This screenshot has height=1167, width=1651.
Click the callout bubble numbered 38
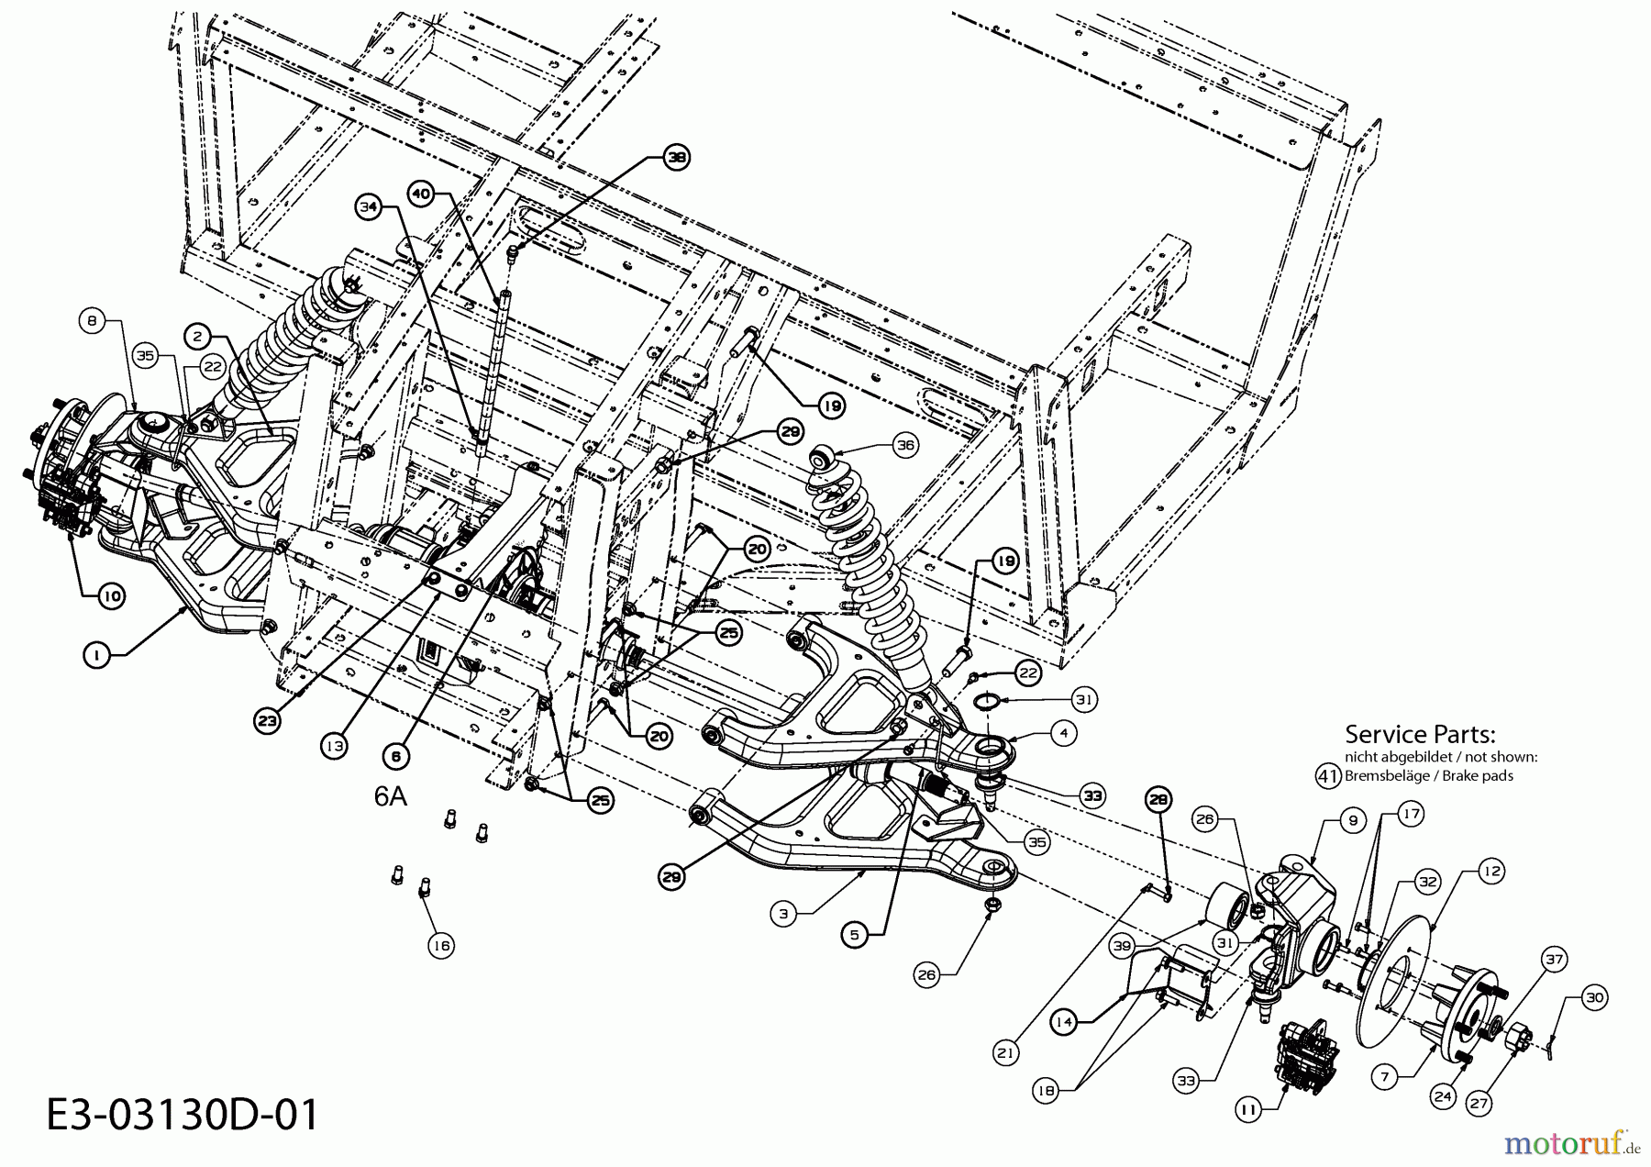677,158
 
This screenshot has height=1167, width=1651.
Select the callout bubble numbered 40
421,194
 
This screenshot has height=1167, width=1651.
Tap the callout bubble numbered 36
905,445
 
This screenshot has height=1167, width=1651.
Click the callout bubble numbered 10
110,595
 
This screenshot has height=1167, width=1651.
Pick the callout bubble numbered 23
267,721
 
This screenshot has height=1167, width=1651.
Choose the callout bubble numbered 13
334,746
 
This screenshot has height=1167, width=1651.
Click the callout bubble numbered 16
441,946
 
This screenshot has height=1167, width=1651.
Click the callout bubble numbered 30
1595,997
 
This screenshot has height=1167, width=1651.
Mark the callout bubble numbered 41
1328,775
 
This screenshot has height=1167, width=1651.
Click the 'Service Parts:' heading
1420,734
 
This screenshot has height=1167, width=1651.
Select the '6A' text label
390,796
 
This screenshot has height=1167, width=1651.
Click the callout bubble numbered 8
91,321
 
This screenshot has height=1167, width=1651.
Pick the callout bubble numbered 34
369,207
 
